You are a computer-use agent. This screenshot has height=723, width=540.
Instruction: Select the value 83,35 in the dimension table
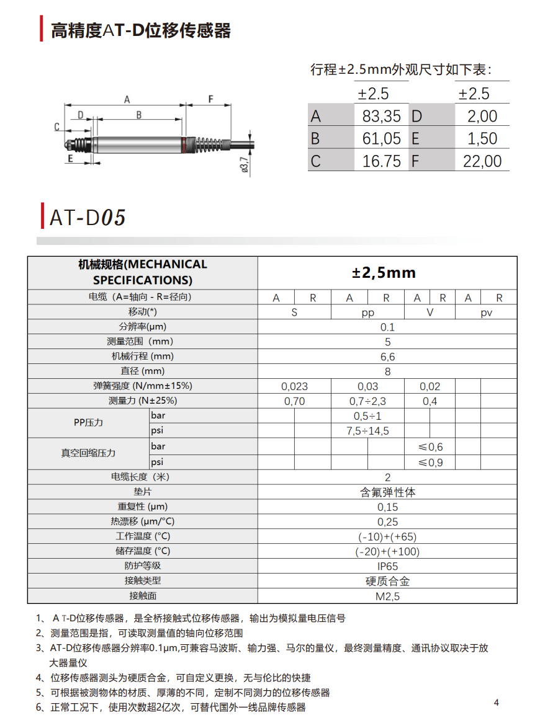coord(381,116)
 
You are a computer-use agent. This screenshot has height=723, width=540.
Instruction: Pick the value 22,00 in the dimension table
coord(482,161)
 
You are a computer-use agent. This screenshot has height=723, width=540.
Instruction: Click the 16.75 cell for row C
coord(381,161)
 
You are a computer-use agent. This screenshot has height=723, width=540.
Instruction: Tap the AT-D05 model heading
coord(88,218)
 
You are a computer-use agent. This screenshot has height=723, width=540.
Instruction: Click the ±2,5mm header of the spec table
coord(384,273)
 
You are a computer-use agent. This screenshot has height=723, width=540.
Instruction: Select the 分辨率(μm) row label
coord(143,327)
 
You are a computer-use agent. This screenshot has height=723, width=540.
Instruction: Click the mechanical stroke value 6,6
coord(387,357)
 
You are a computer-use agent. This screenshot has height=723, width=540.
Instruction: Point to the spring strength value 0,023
coord(294,386)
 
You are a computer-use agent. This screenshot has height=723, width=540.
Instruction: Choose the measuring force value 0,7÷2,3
coord(367,401)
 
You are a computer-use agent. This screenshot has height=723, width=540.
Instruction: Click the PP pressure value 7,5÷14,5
coord(367,431)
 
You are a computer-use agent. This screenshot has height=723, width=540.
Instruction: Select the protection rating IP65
coord(387,566)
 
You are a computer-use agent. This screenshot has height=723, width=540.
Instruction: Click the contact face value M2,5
coord(387,597)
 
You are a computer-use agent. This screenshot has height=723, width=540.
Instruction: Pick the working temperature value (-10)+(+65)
coord(387,537)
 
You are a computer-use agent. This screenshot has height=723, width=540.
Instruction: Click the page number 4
coord(496,703)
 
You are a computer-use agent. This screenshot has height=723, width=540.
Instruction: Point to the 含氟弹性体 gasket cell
coord(387,492)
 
